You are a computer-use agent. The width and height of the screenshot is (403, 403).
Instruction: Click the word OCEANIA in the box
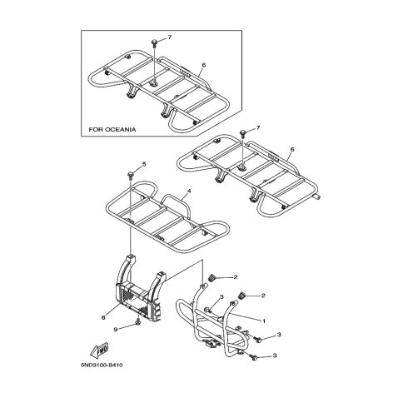121,130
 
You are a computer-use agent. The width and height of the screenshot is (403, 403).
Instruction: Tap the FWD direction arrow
100,351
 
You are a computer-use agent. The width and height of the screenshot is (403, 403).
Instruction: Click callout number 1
264,321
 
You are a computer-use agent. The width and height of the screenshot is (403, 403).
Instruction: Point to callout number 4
189,191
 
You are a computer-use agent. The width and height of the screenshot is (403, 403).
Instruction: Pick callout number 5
144,164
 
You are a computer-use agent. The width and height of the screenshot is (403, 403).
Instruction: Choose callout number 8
103,318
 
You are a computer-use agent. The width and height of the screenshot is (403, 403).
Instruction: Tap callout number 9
116,330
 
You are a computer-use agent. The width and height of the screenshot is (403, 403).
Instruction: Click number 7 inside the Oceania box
170,37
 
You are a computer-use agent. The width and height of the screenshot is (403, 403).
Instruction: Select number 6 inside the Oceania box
204,65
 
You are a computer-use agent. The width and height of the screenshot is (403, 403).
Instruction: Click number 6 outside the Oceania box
291,149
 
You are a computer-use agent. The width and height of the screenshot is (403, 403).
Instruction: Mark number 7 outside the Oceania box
258,127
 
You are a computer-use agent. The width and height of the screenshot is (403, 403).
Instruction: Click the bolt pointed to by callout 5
131,176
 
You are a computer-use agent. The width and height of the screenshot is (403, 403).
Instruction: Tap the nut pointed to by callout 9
138,322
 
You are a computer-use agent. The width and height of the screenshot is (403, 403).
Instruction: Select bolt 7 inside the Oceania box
154,42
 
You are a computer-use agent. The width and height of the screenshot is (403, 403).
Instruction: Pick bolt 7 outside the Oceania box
243,132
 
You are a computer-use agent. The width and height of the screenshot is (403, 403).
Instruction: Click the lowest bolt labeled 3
254,357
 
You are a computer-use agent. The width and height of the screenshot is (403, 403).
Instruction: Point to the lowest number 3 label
275,356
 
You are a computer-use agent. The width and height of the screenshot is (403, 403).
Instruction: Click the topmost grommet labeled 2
212,276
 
